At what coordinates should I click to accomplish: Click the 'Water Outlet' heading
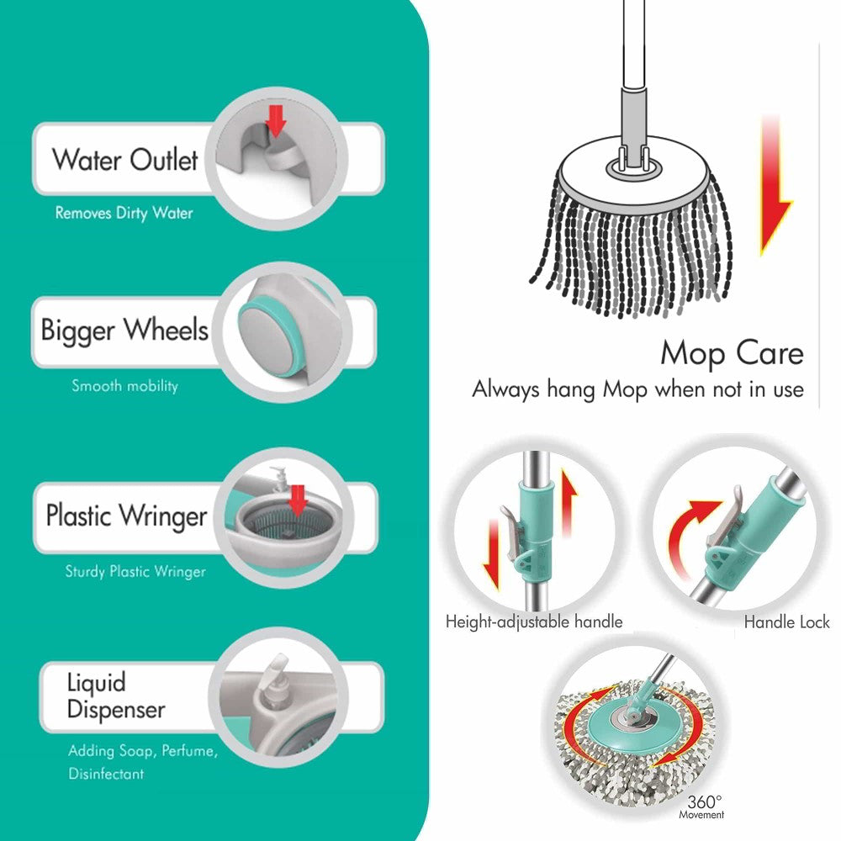[125, 159]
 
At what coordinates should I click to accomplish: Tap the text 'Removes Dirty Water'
[124, 213]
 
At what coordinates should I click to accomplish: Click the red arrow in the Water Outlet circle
[276, 121]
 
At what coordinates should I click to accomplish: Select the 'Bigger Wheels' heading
[124, 330]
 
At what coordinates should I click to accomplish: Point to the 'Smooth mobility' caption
[124, 386]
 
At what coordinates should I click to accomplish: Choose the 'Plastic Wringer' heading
[127, 516]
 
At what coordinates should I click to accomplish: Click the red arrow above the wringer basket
[298, 500]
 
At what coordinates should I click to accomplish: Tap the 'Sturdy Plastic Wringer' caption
[135, 571]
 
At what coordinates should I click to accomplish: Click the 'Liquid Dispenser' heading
[116, 696]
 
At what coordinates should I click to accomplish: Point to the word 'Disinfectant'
[106, 774]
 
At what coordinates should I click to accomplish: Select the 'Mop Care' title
[733, 353]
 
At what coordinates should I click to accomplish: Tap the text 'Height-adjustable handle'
[534, 621]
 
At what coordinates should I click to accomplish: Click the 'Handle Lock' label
[787, 621]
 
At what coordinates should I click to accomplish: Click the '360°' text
[705, 801]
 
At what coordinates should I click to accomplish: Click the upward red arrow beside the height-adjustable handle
[568, 502]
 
